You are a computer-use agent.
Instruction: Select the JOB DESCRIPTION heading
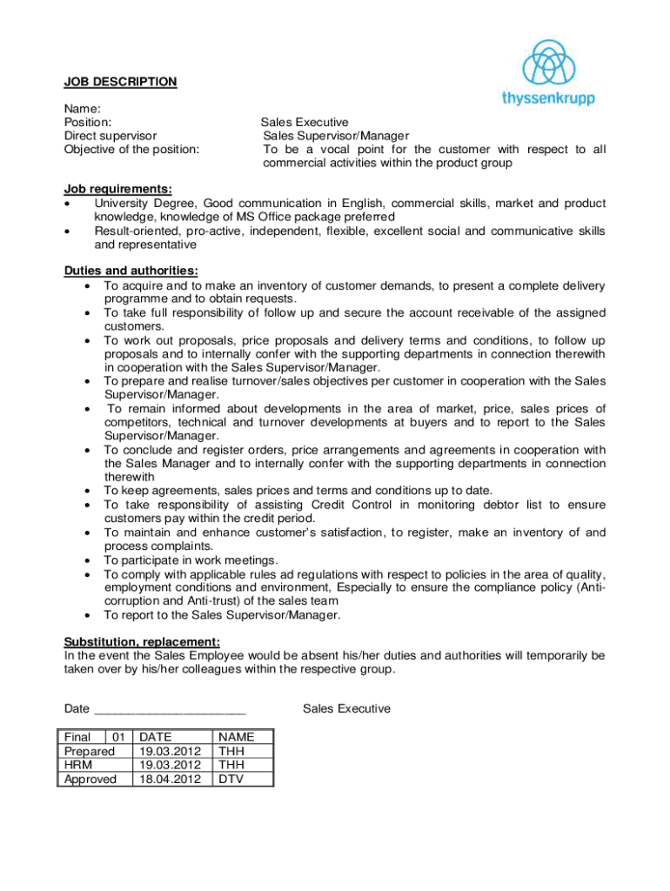coord(120,82)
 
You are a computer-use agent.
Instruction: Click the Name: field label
coord(83,109)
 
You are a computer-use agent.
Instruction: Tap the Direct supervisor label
coord(111,136)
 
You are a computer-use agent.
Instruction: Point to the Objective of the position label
coord(131,149)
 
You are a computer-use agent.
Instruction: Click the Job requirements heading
coord(117,189)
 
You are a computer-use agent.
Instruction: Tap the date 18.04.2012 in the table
coord(170,779)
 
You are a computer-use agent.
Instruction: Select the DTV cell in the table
coord(231,779)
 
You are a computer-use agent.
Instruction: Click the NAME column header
coord(238,737)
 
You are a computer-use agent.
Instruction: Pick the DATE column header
coord(156,737)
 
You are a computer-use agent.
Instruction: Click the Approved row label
coord(90,779)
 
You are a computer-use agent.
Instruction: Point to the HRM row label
coord(79,765)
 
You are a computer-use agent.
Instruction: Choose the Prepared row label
coord(90,751)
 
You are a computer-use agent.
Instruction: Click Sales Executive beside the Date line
coord(346,708)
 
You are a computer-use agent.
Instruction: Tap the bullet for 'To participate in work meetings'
coord(88,560)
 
